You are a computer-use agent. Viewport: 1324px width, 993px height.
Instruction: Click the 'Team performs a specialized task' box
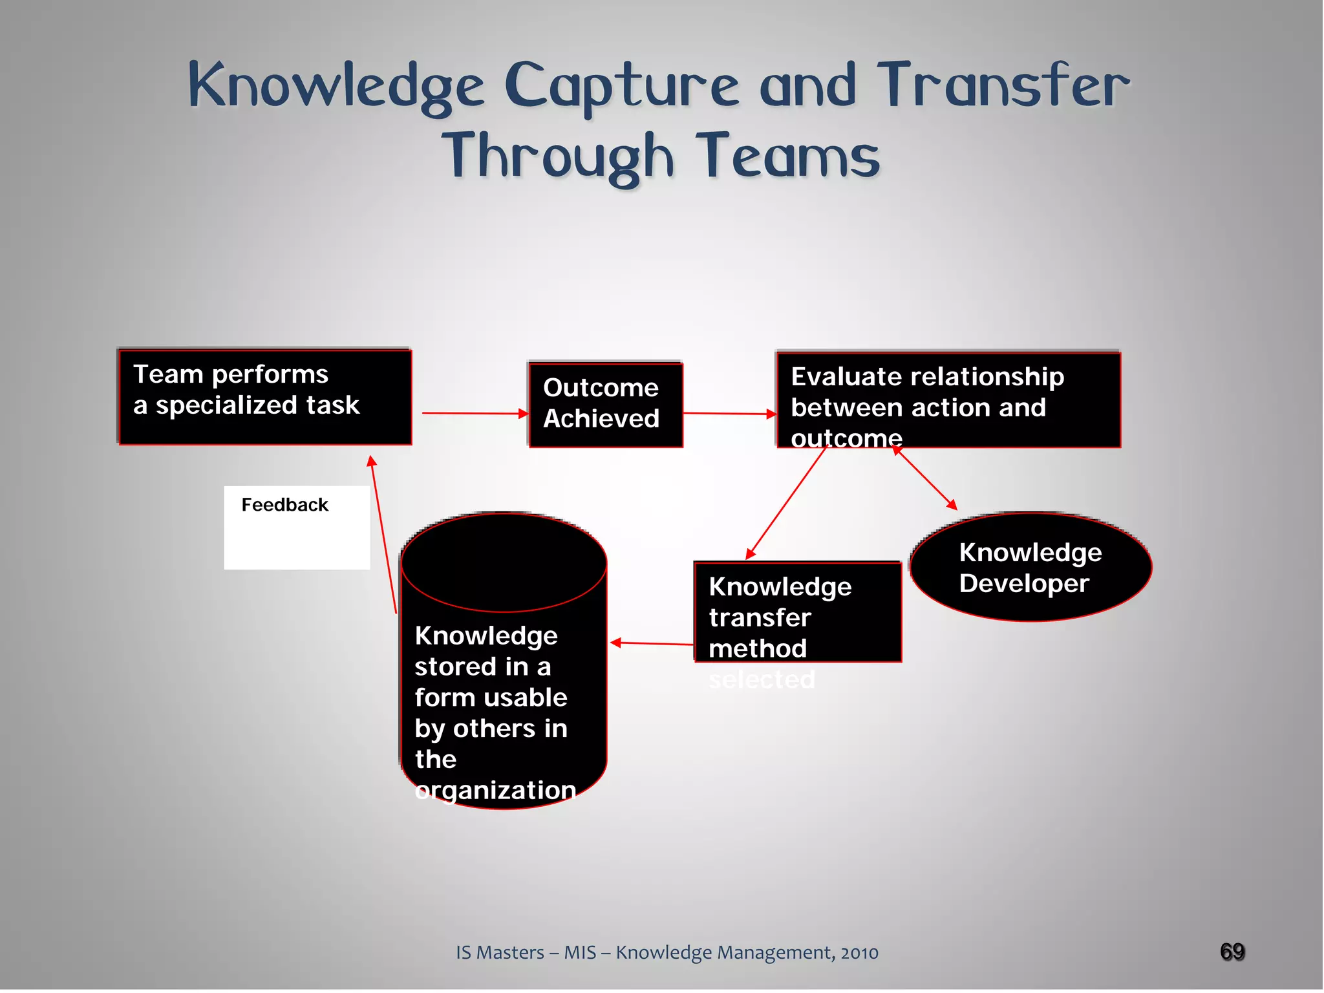point(265,397)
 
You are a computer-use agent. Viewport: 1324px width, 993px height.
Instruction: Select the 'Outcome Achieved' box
point(606,405)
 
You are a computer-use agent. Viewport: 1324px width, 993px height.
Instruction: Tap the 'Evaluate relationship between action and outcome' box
point(948,400)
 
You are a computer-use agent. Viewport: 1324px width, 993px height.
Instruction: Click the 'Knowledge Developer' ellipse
point(1030,568)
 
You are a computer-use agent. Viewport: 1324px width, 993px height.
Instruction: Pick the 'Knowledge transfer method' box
point(797,612)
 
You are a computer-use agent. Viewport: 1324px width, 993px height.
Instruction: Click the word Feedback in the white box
point(284,505)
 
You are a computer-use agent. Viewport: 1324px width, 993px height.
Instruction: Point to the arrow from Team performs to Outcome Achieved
point(475,413)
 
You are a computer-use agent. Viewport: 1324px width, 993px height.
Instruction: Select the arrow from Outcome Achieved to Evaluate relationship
point(729,414)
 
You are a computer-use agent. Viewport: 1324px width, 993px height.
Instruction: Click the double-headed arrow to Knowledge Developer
point(924,478)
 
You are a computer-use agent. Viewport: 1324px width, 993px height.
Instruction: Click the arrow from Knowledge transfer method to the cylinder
point(652,643)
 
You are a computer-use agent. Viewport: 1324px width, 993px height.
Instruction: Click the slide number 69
point(1232,952)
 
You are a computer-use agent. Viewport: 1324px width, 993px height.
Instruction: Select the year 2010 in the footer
point(859,953)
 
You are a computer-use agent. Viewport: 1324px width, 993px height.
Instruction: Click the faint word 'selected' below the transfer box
point(762,680)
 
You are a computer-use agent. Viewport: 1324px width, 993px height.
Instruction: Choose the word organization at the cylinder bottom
point(495,790)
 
